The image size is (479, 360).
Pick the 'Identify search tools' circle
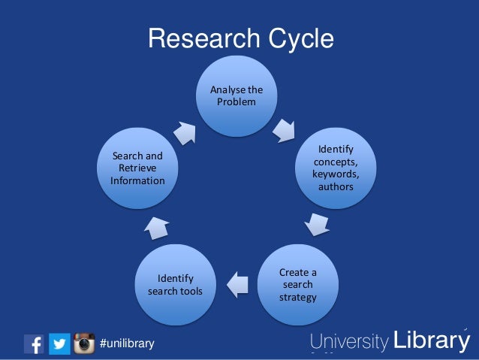(175, 284)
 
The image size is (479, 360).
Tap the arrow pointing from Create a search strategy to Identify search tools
(237, 283)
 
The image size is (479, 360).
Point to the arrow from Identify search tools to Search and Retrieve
(155, 227)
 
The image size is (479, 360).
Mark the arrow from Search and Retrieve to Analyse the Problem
(184, 131)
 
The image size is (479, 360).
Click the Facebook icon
(34, 343)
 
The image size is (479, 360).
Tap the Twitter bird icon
(59, 343)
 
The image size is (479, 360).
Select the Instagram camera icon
(84, 343)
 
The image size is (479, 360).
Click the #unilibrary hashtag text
(127, 344)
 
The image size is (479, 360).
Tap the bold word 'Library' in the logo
(431, 341)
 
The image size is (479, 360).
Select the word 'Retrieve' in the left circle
(137, 168)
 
